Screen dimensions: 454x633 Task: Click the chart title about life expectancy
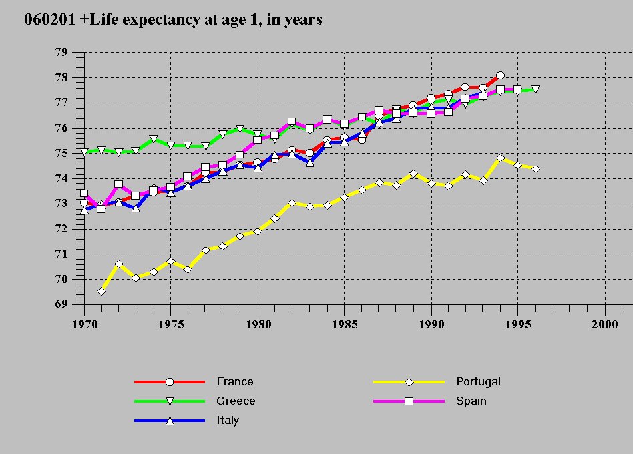point(173,20)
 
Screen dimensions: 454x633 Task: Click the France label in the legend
point(234,382)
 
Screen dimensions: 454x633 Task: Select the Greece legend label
point(236,401)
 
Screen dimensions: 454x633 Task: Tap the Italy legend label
point(228,421)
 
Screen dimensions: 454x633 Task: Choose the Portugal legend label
point(478,382)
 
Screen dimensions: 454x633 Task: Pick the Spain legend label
point(471,401)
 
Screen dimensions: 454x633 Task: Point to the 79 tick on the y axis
point(61,53)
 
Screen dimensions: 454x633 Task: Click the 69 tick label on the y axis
point(61,304)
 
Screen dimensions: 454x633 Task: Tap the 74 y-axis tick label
point(61,178)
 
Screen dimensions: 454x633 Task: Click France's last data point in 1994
point(500,76)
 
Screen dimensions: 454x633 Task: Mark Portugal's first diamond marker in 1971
point(101,291)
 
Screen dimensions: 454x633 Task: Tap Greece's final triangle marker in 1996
point(536,89)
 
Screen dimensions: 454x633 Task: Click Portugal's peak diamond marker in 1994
point(500,158)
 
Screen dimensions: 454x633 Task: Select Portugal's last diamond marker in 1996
point(536,169)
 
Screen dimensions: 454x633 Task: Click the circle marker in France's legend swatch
point(170,382)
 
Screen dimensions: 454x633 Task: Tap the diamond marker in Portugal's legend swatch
point(409,382)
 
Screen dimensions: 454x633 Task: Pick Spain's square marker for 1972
point(119,184)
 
